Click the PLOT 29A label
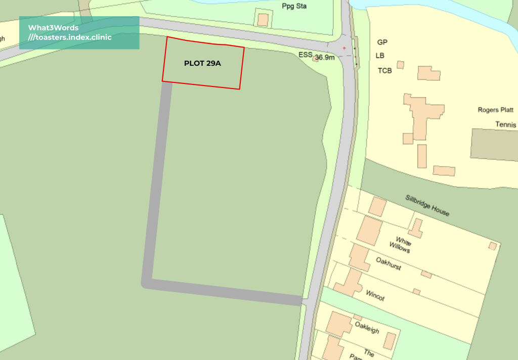point(202,64)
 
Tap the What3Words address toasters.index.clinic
point(70,37)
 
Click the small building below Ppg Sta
point(263,20)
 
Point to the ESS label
point(305,55)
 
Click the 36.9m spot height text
point(325,58)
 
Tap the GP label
point(382,42)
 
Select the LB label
point(380,56)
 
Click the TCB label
point(384,71)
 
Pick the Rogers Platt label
point(495,110)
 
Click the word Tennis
point(505,124)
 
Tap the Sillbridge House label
point(427,205)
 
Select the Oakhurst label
point(388,263)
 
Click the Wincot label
point(375,295)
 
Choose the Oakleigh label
point(367,328)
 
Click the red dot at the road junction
point(344,48)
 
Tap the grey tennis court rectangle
point(494,145)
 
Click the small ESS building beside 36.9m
point(316,59)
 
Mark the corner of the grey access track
point(147,282)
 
